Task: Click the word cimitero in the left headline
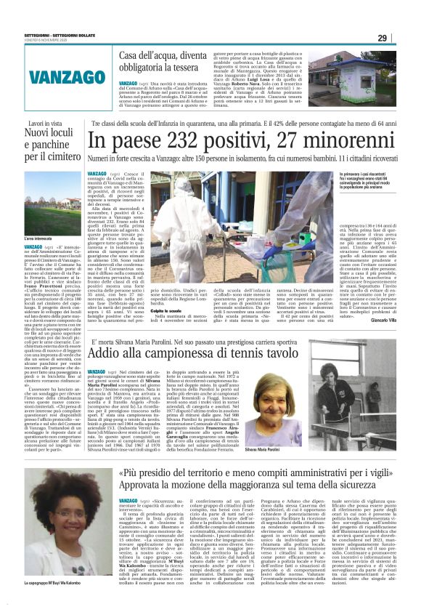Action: (x=61, y=157)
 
